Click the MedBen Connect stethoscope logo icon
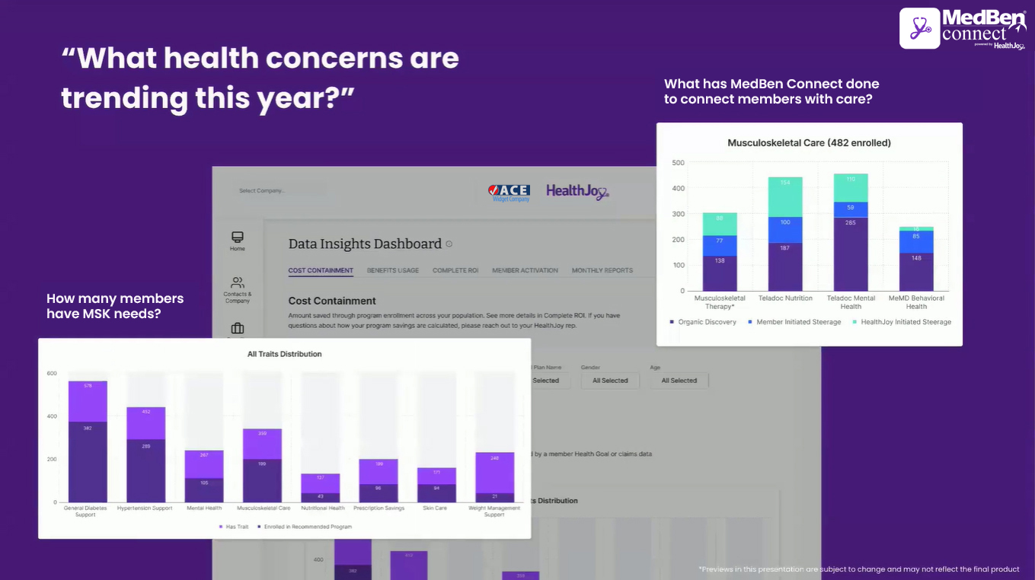(919, 29)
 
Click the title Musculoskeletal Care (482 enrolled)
(809, 143)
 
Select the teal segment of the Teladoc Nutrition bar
(785, 197)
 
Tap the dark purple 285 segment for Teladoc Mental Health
(851, 253)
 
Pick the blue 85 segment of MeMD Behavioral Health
(916, 241)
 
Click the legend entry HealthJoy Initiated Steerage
(906, 322)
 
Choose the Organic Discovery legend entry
(707, 322)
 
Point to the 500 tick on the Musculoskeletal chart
(678, 163)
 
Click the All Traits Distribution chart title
(284, 354)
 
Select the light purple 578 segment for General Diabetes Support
(88, 401)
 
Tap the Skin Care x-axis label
(435, 508)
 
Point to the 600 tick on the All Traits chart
(52, 374)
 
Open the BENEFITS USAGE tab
(392, 270)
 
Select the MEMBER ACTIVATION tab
(525, 270)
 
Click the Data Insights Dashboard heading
(365, 244)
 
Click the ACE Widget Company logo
(509, 192)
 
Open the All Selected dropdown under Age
(679, 381)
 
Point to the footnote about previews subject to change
(858, 569)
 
